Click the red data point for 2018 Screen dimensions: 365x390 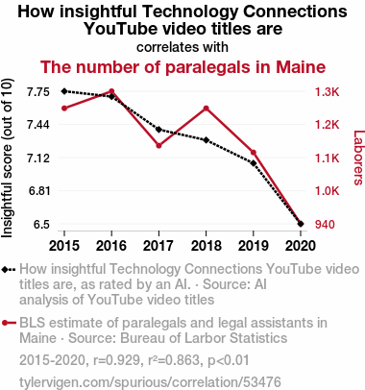point(207,109)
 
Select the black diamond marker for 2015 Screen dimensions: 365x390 point(64,91)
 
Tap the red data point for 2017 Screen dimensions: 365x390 point(158,146)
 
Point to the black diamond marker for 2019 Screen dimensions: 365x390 point(254,163)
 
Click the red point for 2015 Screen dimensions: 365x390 point(64,109)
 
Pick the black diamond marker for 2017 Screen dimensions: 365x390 point(158,130)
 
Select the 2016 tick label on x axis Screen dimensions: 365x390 point(111,246)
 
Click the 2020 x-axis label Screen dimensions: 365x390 point(301,246)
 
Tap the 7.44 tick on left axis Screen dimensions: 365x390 point(38,125)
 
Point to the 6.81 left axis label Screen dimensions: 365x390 point(38,191)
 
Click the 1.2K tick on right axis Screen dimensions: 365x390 point(327,125)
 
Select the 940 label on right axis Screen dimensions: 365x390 point(325,225)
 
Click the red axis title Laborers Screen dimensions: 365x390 point(359,158)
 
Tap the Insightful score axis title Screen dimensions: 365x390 point(7,158)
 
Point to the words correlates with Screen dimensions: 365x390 point(182,47)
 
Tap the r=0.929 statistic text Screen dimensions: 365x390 point(116,360)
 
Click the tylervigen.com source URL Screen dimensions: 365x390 point(150,382)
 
